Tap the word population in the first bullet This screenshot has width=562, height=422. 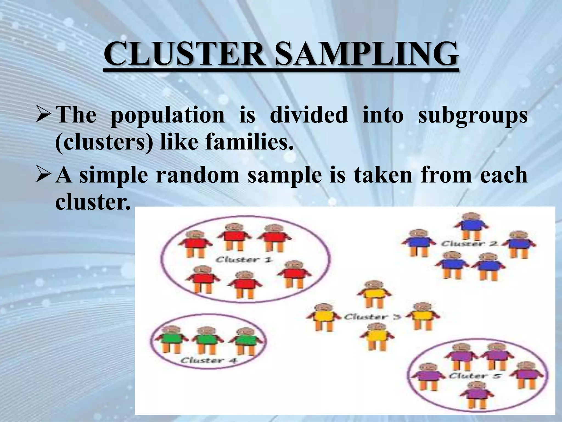coord(167,115)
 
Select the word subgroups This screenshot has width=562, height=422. coord(472,115)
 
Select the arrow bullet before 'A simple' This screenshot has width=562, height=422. coord(45,175)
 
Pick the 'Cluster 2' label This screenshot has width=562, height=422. coord(470,243)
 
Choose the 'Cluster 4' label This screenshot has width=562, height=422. coord(209,360)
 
